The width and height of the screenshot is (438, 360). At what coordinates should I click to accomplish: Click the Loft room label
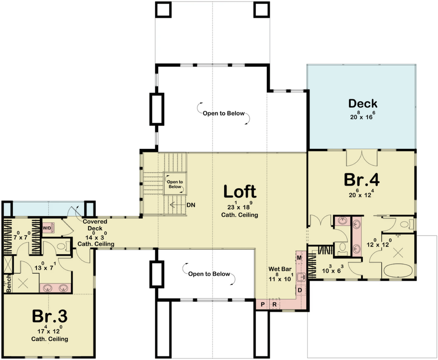[x=240, y=192]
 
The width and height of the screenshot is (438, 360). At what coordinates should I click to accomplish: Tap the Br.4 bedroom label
[x=361, y=180]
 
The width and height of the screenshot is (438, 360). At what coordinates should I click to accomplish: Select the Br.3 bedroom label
[x=50, y=316]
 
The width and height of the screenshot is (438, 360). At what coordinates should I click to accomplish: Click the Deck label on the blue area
[x=363, y=103]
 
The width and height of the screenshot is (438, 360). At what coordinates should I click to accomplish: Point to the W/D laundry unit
[x=47, y=227]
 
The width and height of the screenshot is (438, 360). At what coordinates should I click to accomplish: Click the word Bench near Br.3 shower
[x=9, y=283]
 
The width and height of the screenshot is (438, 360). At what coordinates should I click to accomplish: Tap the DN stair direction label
[x=191, y=205]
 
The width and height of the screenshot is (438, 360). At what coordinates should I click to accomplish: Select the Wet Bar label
[x=280, y=269]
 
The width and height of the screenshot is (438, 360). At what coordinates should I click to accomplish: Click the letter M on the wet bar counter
[x=299, y=257]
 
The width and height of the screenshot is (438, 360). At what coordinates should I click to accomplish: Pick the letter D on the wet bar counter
[x=300, y=290]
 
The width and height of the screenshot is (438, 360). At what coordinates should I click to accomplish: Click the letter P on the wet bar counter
[x=263, y=304]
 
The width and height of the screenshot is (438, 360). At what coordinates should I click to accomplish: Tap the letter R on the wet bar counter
[x=274, y=304]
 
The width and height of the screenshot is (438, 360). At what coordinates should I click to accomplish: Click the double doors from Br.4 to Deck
[x=362, y=158]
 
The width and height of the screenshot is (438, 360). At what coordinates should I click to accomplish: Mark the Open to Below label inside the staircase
[x=175, y=184]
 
